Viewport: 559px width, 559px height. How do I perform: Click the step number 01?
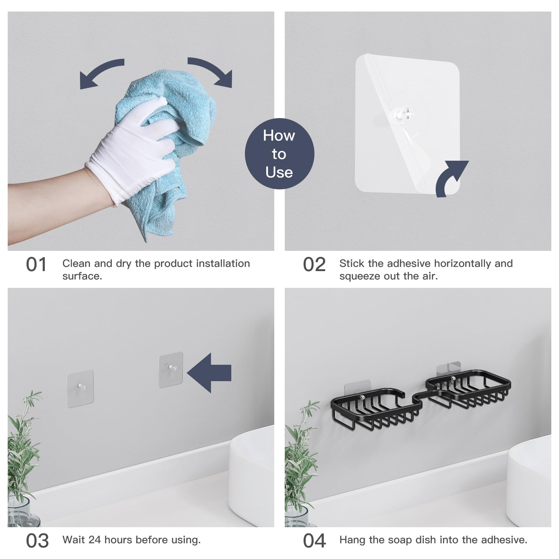(36, 265)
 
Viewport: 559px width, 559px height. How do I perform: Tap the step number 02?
(314, 265)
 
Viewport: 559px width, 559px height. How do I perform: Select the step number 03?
(37, 541)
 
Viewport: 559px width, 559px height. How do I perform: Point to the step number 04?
(314, 541)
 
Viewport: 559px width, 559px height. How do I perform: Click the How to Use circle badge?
(279, 154)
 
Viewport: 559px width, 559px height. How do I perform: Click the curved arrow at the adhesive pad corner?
(451, 178)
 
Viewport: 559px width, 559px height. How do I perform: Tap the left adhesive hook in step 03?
(80, 388)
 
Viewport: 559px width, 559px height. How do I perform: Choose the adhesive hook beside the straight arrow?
(171, 369)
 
